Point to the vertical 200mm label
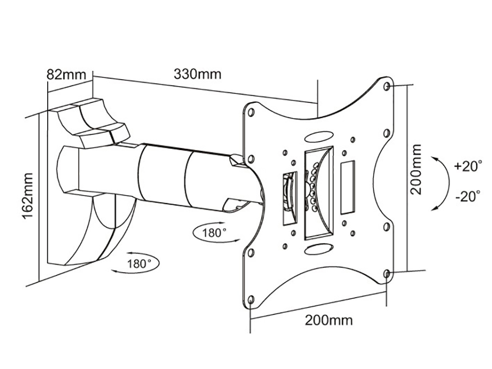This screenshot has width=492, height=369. click(417, 169)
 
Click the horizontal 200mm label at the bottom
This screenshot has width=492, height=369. click(329, 320)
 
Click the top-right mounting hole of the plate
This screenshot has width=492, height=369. click(387, 87)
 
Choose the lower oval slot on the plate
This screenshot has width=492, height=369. click(317, 249)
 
